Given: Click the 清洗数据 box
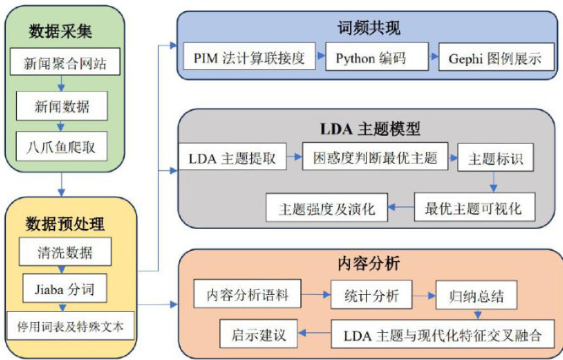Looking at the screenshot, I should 65,252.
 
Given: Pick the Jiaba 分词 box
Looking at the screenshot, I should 65,290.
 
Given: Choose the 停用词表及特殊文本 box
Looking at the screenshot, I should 69,325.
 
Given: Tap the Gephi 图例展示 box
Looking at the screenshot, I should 489,59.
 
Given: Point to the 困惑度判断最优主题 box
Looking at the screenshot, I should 374,158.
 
